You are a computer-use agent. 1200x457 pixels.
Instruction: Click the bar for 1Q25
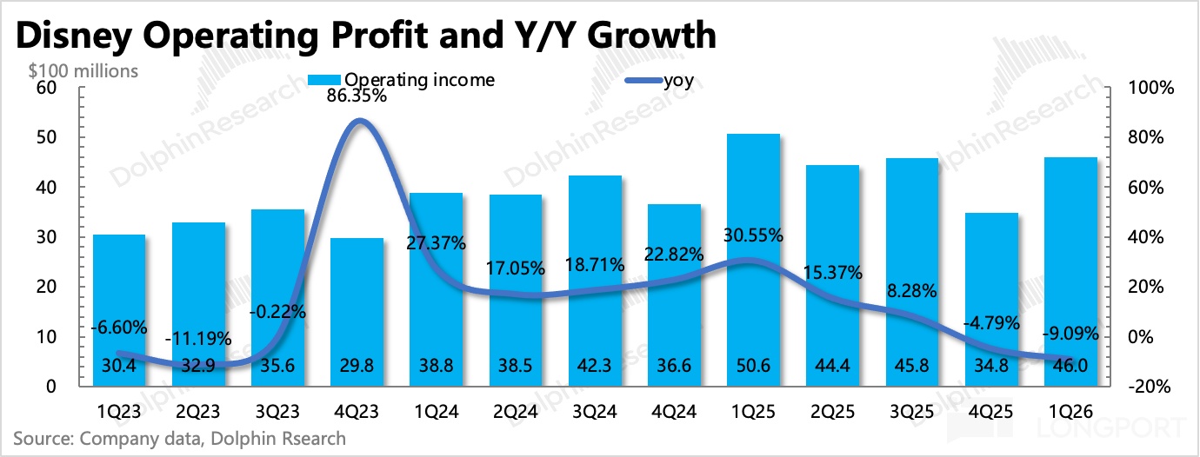(x=753, y=261)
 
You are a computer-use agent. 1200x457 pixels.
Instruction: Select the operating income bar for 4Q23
(x=359, y=313)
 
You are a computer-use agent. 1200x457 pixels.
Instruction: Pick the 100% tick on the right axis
(x=1150, y=89)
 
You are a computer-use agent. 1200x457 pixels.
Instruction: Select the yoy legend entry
(x=664, y=81)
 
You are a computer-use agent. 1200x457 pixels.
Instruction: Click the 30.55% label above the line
(x=753, y=235)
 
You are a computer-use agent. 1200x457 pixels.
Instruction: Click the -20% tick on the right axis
(x=1150, y=387)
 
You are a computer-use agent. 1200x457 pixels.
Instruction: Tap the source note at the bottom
(x=179, y=438)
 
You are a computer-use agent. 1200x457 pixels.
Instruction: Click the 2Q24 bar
(x=516, y=291)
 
